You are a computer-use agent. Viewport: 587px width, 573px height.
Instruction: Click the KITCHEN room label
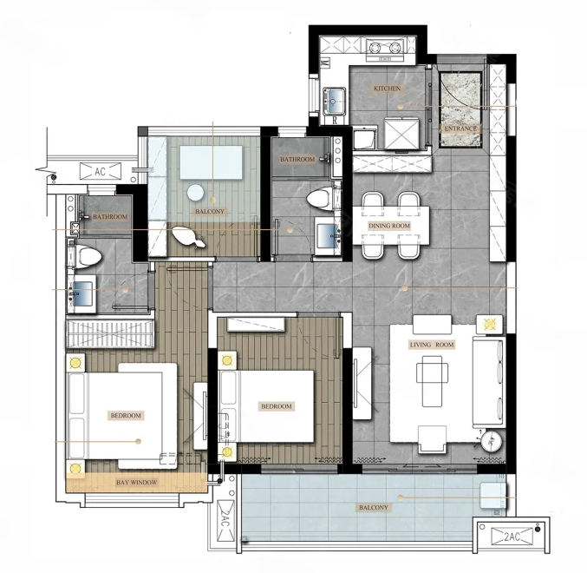tap(387, 89)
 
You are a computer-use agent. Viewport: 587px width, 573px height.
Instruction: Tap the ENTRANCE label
tap(460, 128)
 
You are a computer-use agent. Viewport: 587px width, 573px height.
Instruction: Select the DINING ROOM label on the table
tap(389, 226)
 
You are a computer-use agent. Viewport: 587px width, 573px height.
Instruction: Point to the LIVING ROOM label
tap(432, 345)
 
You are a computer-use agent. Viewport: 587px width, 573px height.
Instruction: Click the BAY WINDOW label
tap(137, 483)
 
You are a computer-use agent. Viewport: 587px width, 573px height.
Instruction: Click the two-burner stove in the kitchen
tap(384, 49)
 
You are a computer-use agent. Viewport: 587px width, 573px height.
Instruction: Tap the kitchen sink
tap(335, 102)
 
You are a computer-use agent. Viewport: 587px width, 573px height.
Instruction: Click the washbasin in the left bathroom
tap(82, 294)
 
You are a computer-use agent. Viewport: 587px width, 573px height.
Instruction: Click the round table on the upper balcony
tap(195, 194)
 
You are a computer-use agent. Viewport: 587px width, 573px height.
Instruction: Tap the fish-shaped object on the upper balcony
tap(188, 237)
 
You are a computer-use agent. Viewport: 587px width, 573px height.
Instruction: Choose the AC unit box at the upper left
tap(101, 171)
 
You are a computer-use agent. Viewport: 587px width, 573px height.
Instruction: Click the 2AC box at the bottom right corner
tap(512, 536)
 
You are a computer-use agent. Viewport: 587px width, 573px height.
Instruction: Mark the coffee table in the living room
tap(433, 381)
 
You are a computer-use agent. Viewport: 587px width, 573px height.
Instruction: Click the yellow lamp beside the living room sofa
tap(489, 324)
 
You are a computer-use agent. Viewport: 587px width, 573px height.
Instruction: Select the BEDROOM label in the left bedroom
tap(126, 416)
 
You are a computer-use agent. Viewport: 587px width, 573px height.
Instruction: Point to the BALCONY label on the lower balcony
tap(374, 508)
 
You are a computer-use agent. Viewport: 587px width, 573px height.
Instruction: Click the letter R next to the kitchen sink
tap(335, 121)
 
